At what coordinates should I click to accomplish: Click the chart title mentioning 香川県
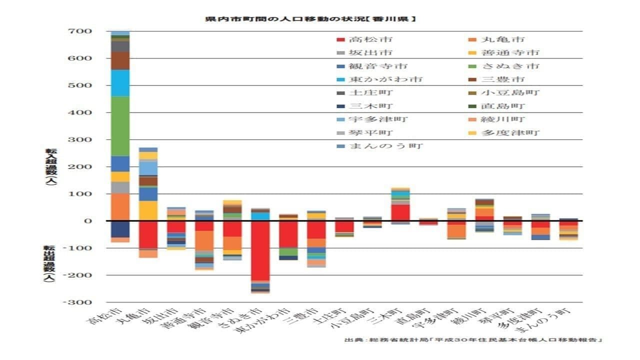pos(310,19)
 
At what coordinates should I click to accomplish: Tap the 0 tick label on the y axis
pos(88,221)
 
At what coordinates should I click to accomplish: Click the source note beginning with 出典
pos(473,340)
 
